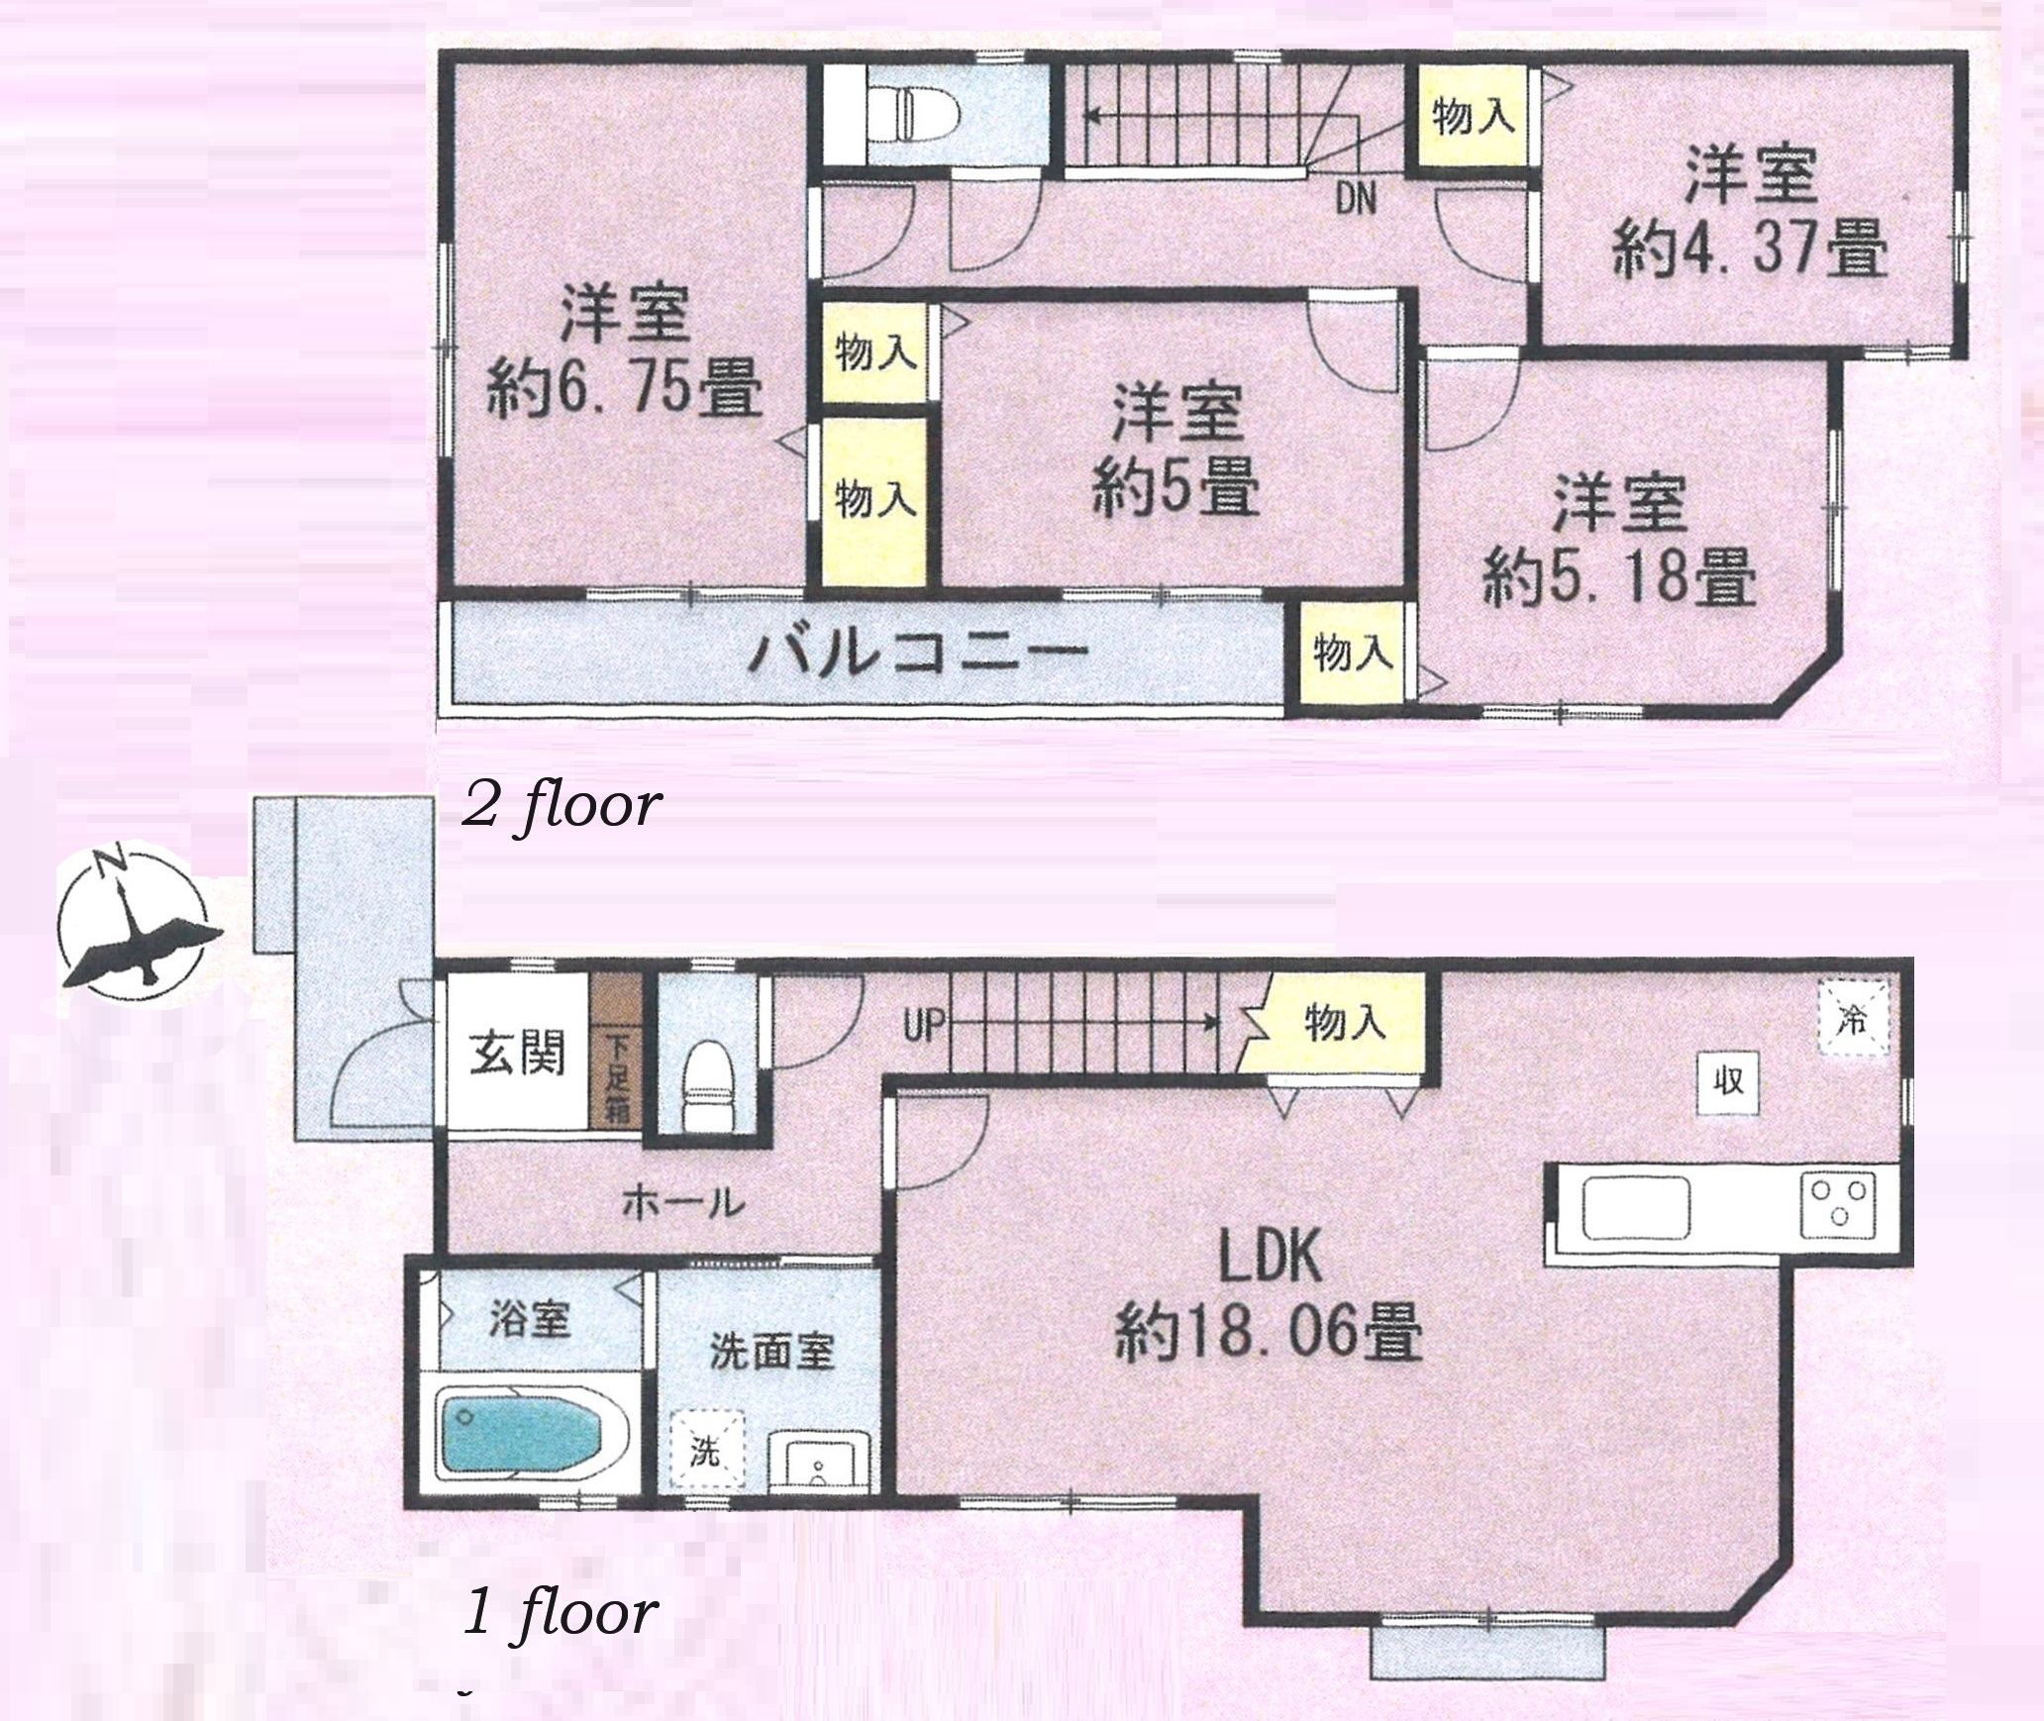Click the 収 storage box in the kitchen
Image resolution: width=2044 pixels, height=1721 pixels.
(1729, 1081)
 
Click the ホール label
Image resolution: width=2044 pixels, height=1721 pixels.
(683, 1203)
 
